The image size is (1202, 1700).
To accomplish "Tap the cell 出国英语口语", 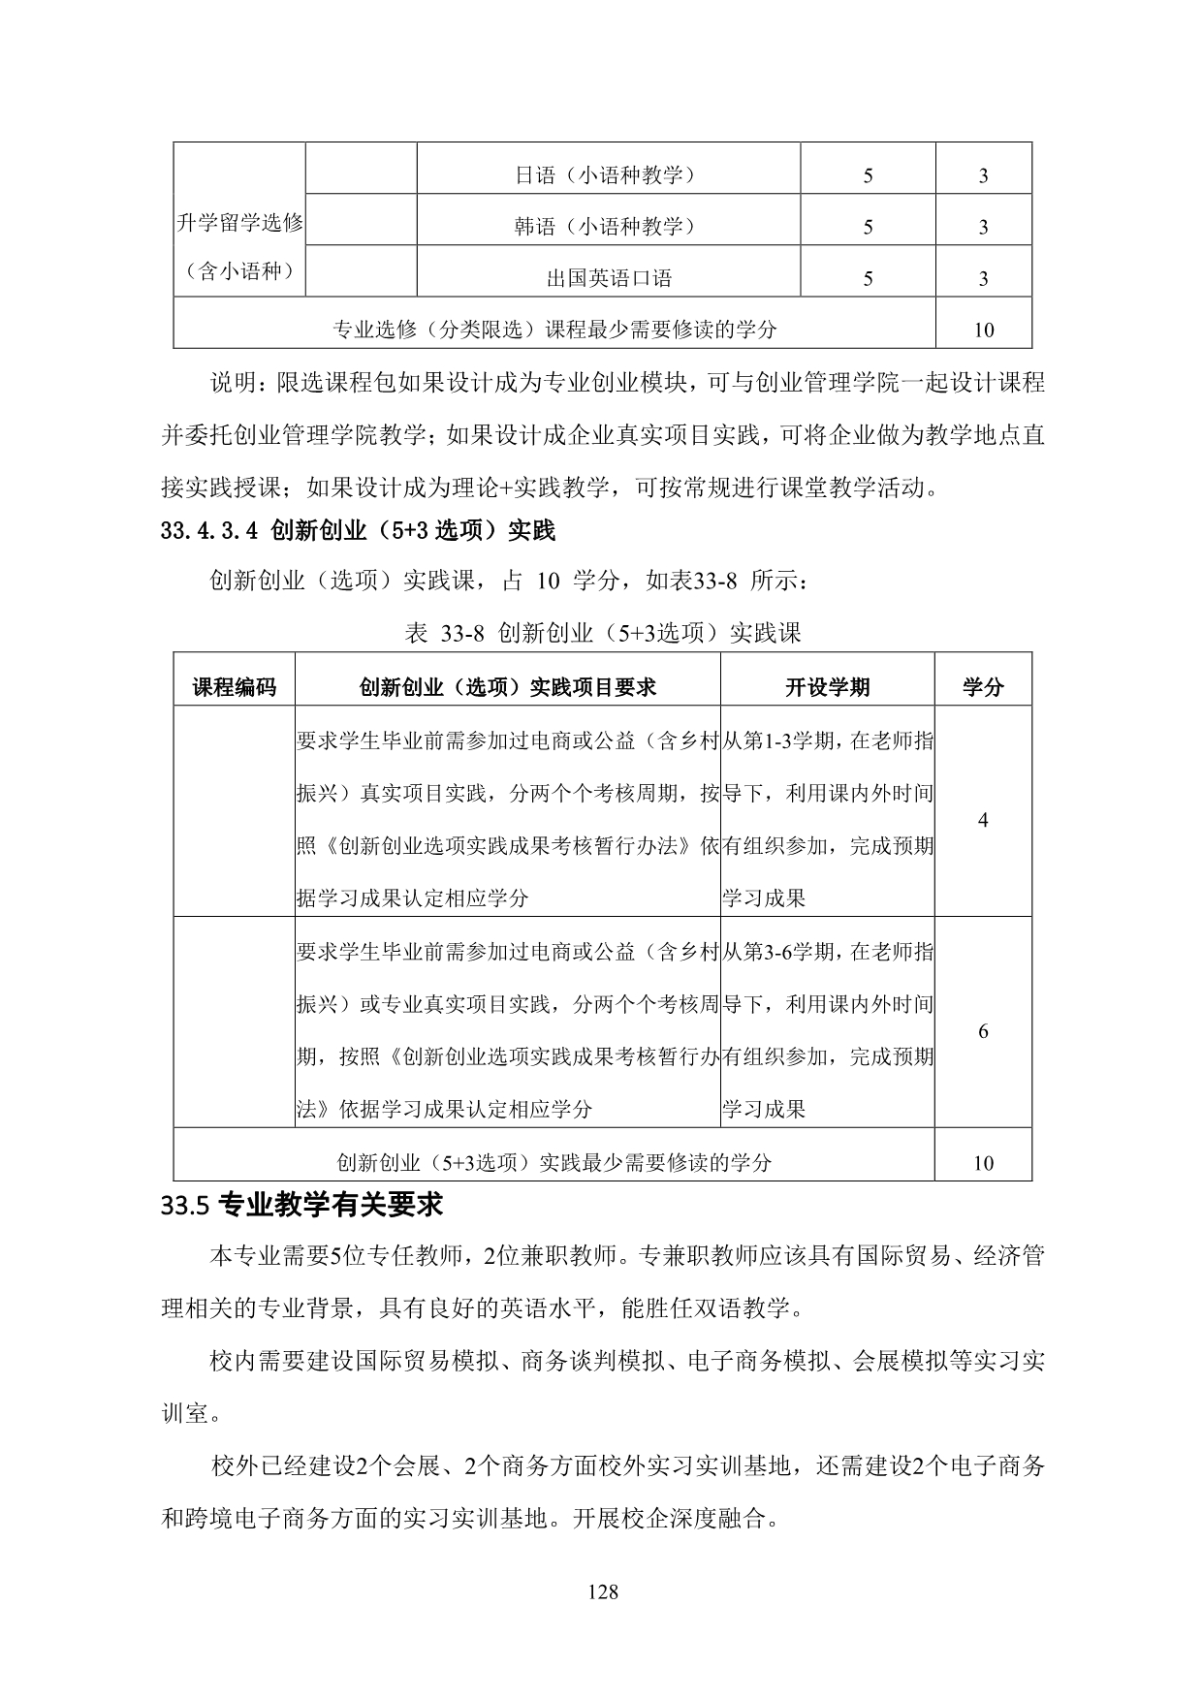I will click(x=609, y=279).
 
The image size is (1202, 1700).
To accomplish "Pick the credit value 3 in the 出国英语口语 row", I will click(x=983, y=279).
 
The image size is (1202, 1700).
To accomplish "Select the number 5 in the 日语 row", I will click(x=868, y=175).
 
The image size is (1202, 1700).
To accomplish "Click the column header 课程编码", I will click(x=235, y=687).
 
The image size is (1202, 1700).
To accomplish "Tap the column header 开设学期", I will click(x=827, y=687).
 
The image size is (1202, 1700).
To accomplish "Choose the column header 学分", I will click(x=983, y=687).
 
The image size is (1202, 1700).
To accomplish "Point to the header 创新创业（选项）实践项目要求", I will click(x=507, y=687).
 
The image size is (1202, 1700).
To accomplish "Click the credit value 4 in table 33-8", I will click(x=983, y=820).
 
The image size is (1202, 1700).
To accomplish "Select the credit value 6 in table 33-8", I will click(x=983, y=1031).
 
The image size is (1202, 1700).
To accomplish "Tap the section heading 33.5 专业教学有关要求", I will click(x=302, y=1206).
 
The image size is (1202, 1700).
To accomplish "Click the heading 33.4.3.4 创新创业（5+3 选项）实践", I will click(x=359, y=530).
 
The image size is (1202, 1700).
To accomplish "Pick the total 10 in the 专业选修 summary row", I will click(x=983, y=331).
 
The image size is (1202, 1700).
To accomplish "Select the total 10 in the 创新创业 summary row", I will click(x=983, y=1163).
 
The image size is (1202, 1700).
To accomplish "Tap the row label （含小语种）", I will click(x=240, y=272).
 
